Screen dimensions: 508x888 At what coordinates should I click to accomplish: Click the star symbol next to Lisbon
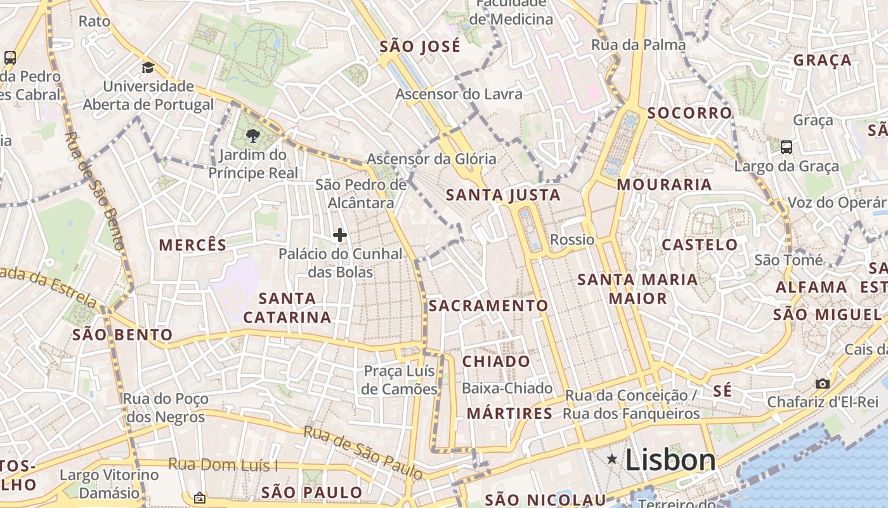[x=612, y=458]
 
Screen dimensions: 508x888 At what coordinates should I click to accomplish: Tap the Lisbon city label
[x=670, y=460]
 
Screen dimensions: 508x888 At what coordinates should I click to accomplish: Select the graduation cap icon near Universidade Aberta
[x=148, y=67]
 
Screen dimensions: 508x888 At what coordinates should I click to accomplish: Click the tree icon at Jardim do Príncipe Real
[x=252, y=135]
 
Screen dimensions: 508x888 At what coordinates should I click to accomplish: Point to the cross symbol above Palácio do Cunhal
[x=340, y=235]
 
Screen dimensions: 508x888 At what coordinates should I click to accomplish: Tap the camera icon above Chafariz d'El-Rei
[x=823, y=384]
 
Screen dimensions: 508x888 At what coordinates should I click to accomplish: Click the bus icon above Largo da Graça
[x=787, y=147]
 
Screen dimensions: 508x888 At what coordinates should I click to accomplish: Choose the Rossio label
[x=572, y=239]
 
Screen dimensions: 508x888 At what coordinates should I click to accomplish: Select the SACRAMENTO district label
[x=488, y=305]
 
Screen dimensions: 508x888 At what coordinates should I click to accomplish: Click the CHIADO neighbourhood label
[x=496, y=361]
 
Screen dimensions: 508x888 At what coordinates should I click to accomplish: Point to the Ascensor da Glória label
[x=431, y=159]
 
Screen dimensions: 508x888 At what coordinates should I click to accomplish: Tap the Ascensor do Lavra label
[x=459, y=94]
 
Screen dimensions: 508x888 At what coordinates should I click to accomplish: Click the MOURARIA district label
[x=664, y=184]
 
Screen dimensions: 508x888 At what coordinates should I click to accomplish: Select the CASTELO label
[x=700, y=244]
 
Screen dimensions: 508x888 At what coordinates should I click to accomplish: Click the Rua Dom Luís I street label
[x=223, y=465]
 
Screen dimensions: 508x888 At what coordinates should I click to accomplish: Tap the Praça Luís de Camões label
[x=400, y=380]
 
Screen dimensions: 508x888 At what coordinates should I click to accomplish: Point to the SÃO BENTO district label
[x=122, y=335]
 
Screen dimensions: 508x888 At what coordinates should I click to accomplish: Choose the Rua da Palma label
[x=638, y=44]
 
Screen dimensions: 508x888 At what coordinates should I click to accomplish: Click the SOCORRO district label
[x=689, y=113]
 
